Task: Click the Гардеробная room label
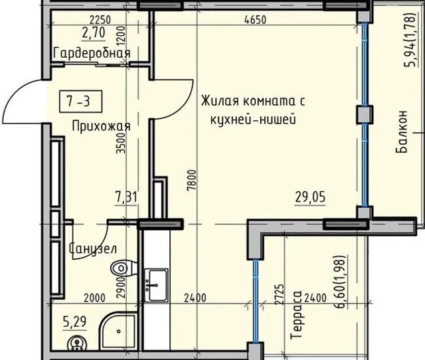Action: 92,53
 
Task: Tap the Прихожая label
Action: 102,126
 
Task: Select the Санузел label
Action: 93,248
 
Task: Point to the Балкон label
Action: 401,132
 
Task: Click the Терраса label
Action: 296,315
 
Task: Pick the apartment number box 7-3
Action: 81,102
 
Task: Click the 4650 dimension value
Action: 255,19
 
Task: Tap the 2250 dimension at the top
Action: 100,20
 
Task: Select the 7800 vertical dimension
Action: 191,180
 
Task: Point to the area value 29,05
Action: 310,197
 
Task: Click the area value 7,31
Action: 126,198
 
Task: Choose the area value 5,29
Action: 74,322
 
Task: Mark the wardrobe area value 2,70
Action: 94,33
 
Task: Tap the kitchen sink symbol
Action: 155,285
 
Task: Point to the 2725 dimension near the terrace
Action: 280,295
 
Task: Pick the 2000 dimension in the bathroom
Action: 94,298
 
